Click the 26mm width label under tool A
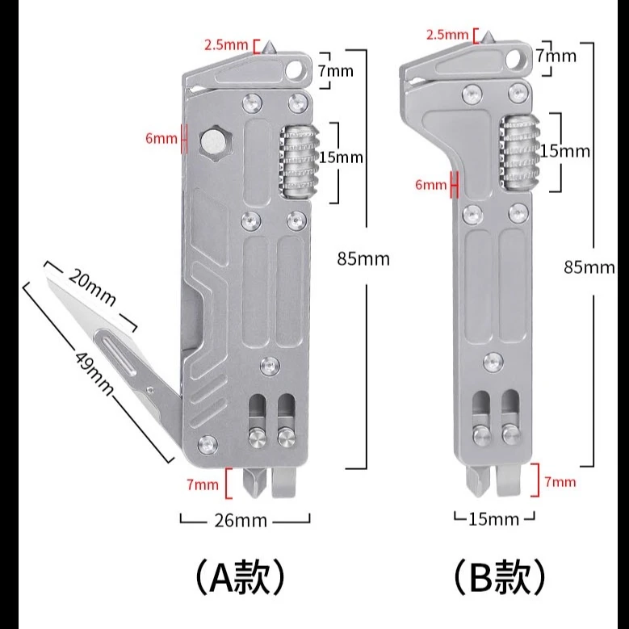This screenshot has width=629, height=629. click(241, 520)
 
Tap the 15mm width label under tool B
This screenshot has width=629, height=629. click(493, 518)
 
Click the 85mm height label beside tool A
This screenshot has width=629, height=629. click(363, 258)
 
